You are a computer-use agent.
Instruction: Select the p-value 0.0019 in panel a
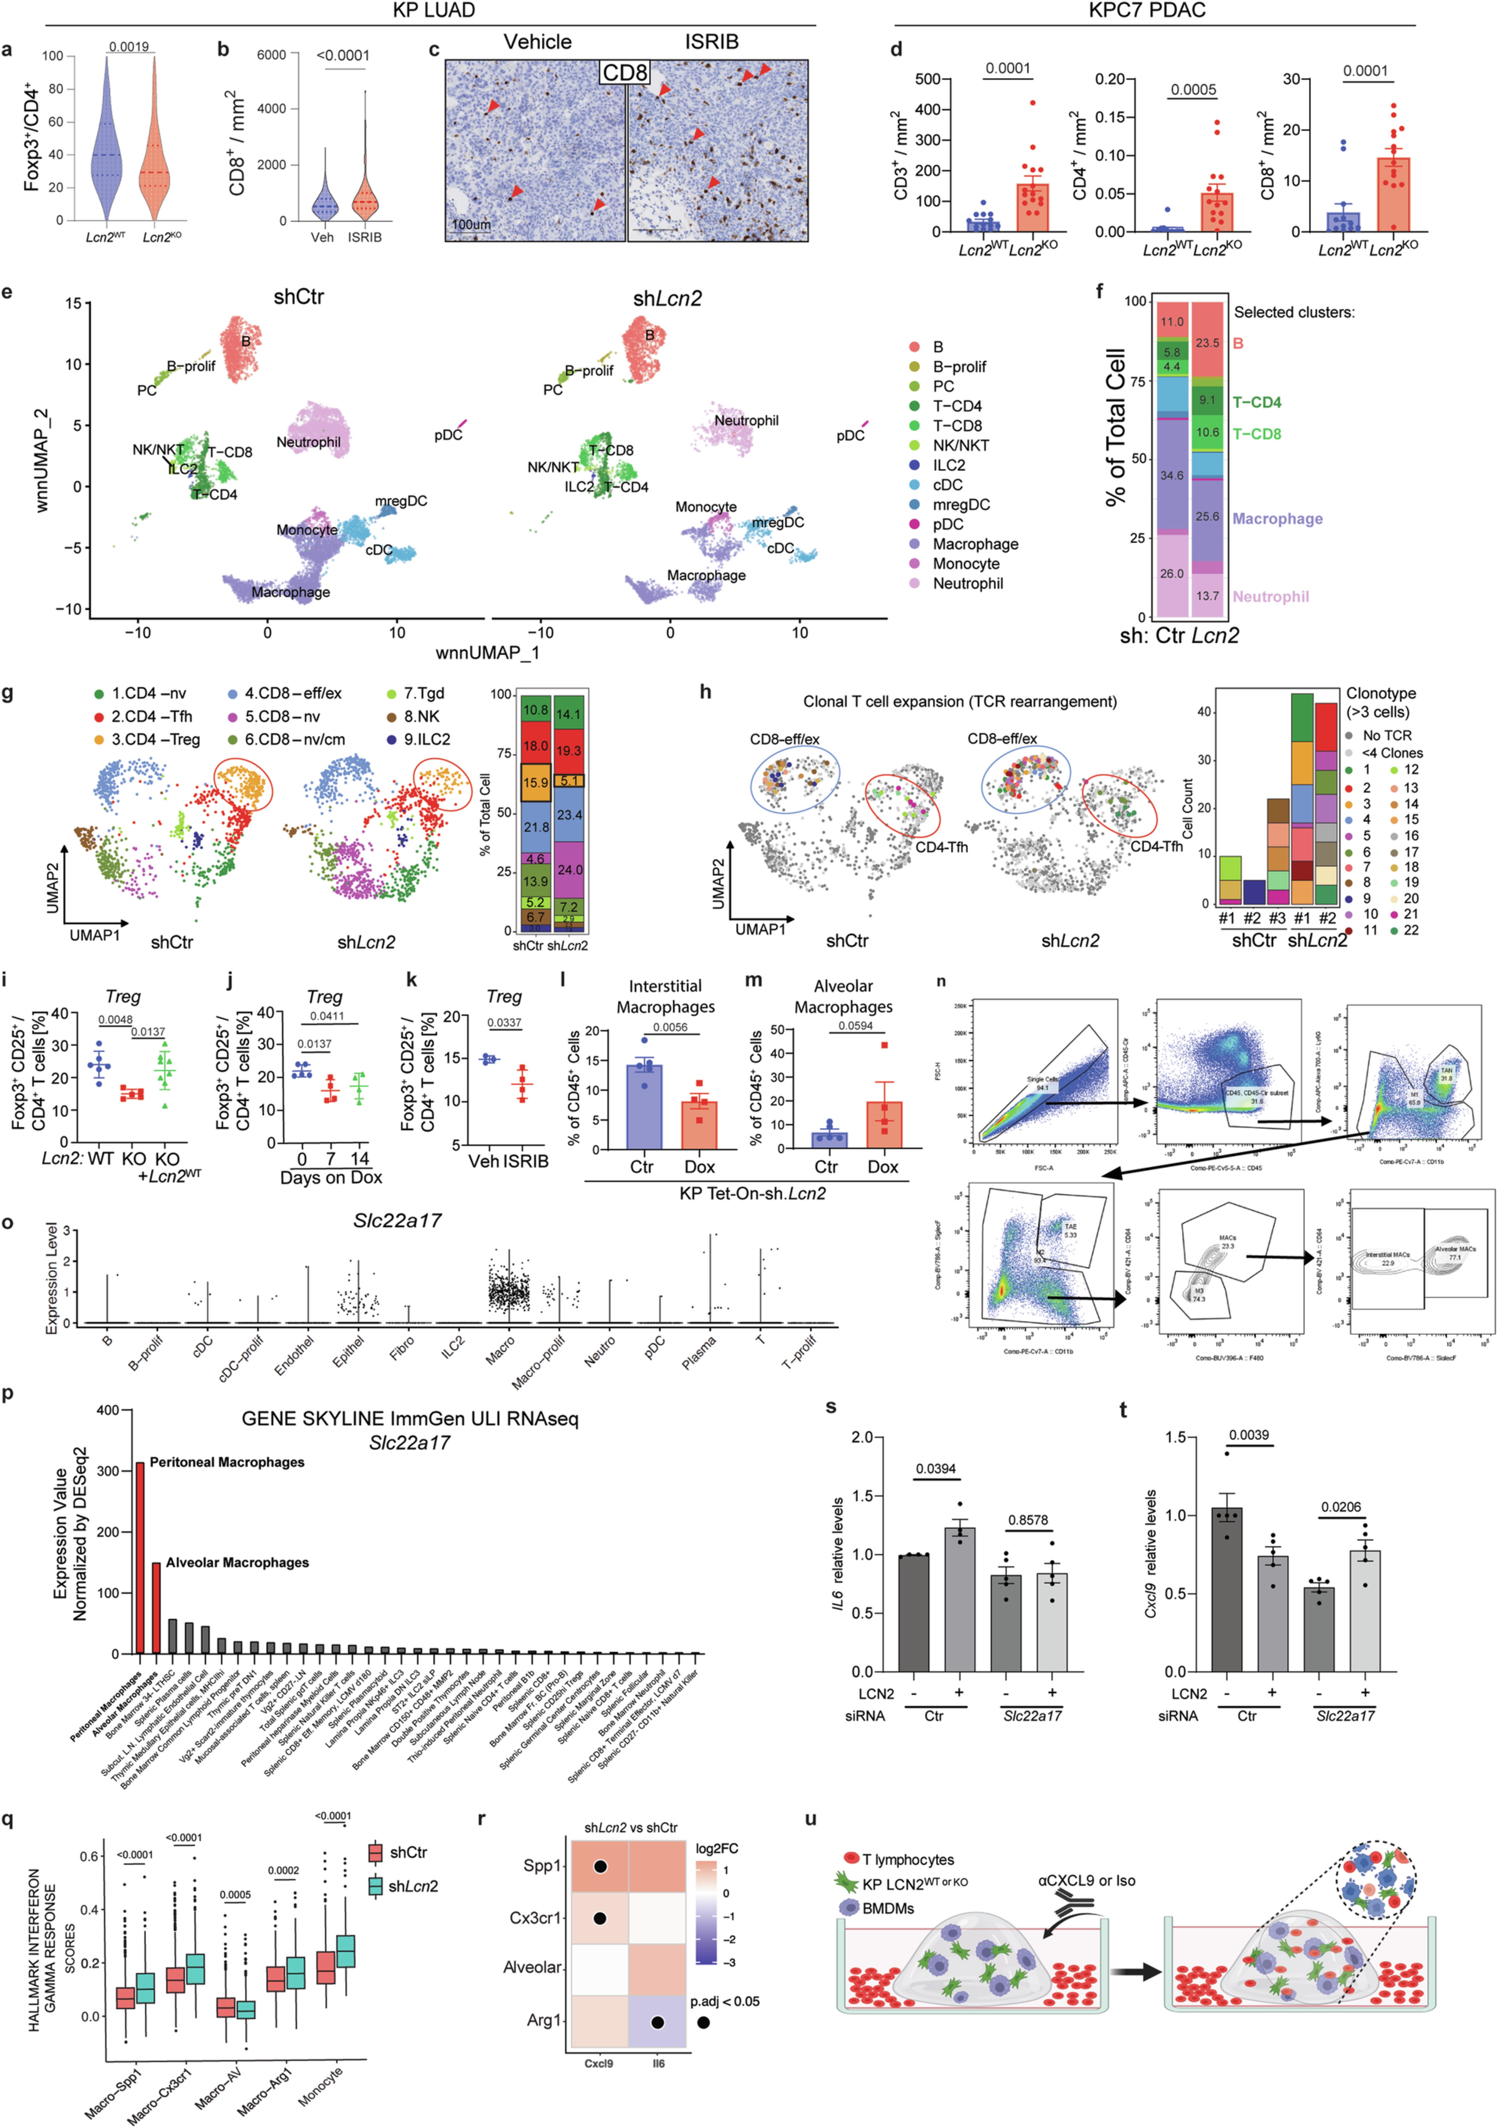click(x=129, y=46)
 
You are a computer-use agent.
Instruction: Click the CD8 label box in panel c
click(x=625, y=72)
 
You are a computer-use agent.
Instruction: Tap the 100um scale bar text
click(x=471, y=224)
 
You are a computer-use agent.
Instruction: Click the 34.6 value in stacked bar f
click(x=1172, y=475)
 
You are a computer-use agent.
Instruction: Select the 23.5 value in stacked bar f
click(x=1207, y=343)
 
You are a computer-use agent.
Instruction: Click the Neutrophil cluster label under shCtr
click(x=309, y=442)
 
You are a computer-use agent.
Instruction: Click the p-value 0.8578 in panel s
click(x=1028, y=1520)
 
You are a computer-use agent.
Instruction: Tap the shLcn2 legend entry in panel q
click(x=412, y=1886)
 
